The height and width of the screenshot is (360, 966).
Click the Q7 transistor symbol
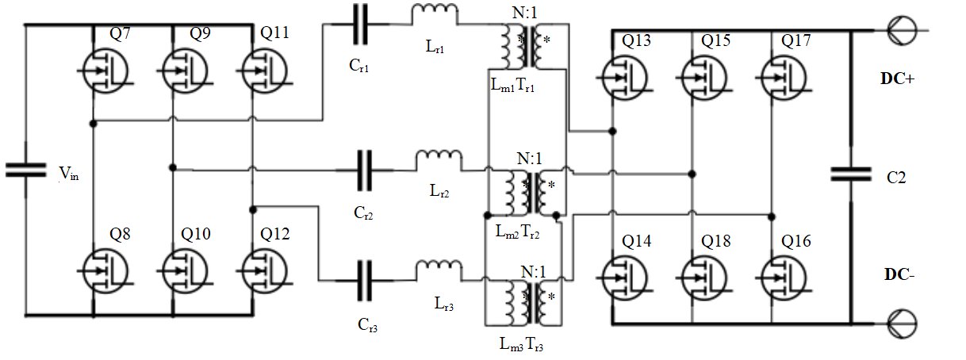tap(105, 71)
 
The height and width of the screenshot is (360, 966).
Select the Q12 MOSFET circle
tap(264, 270)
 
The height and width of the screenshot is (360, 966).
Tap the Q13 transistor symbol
tap(625, 78)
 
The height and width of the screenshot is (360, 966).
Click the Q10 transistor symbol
tap(185, 270)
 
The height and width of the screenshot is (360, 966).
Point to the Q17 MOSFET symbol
tap(784, 78)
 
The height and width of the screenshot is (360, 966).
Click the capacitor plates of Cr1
tap(361, 24)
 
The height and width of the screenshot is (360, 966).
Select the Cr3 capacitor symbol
tap(365, 280)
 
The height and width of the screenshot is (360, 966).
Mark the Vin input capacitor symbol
tap(26, 170)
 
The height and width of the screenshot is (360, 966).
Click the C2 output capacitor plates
tap(851, 174)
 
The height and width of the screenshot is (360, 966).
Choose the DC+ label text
tap(897, 79)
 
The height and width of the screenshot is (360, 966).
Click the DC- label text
tap(899, 274)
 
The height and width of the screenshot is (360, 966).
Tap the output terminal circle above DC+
tap(902, 30)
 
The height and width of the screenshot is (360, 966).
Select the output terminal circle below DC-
tap(902, 324)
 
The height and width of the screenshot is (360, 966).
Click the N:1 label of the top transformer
tap(525, 13)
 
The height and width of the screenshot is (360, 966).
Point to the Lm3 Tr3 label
tap(521, 344)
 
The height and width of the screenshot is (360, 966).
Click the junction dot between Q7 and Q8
tap(93, 124)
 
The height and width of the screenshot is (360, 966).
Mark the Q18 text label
tap(716, 241)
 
